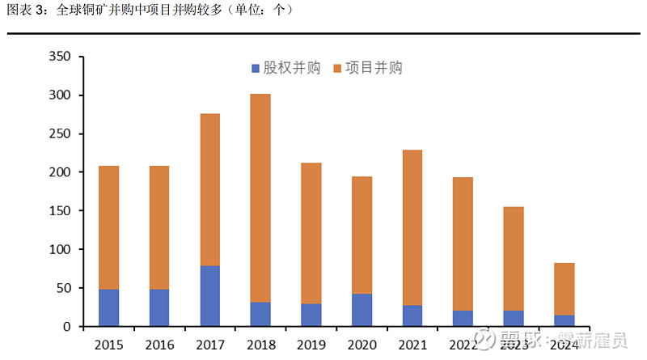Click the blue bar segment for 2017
[x=209, y=296]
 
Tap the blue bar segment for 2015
[x=108, y=307]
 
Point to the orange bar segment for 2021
[x=412, y=227]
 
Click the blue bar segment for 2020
[x=362, y=310]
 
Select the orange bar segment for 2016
[x=159, y=227]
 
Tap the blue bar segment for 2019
[x=311, y=315]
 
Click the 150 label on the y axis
[x=60, y=211]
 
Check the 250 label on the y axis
[x=60, y=134]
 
